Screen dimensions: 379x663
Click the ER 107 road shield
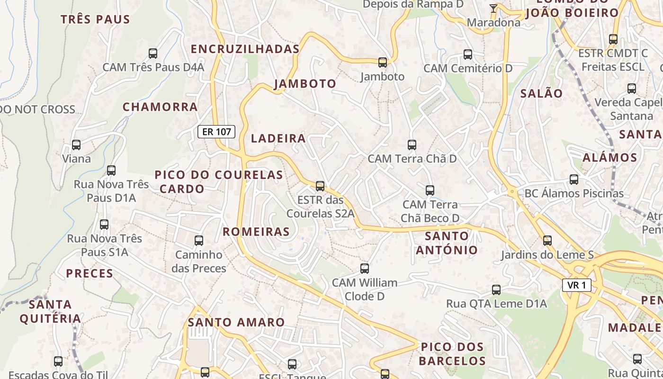(216, 132)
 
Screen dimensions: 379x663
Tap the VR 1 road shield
(577, 285)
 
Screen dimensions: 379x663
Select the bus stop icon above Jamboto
(382, 62)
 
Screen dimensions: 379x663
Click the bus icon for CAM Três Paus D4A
(153, 53)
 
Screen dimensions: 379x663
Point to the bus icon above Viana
(76, 144)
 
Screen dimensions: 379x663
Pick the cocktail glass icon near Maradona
(493, 8)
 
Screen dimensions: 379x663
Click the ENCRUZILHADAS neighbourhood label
(245, 49)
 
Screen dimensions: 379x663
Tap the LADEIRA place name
(278, 138)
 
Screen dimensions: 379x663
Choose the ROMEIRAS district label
(256, 232)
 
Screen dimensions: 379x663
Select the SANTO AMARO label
(236, 323)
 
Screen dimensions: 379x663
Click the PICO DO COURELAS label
(219, 175)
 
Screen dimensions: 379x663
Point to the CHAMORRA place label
(160, 107)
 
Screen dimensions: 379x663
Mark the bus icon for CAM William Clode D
(364, 269)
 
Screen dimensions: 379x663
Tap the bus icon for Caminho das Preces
(199, 241)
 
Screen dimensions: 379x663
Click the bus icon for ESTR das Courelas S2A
(320, 186)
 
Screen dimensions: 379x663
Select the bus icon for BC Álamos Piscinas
(574, 180)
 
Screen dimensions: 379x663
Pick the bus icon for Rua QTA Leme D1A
(496, 289)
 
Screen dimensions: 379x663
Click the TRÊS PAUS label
(95, 19)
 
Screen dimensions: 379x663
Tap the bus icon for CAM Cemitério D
(468, 54)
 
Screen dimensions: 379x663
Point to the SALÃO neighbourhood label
(541, 93)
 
